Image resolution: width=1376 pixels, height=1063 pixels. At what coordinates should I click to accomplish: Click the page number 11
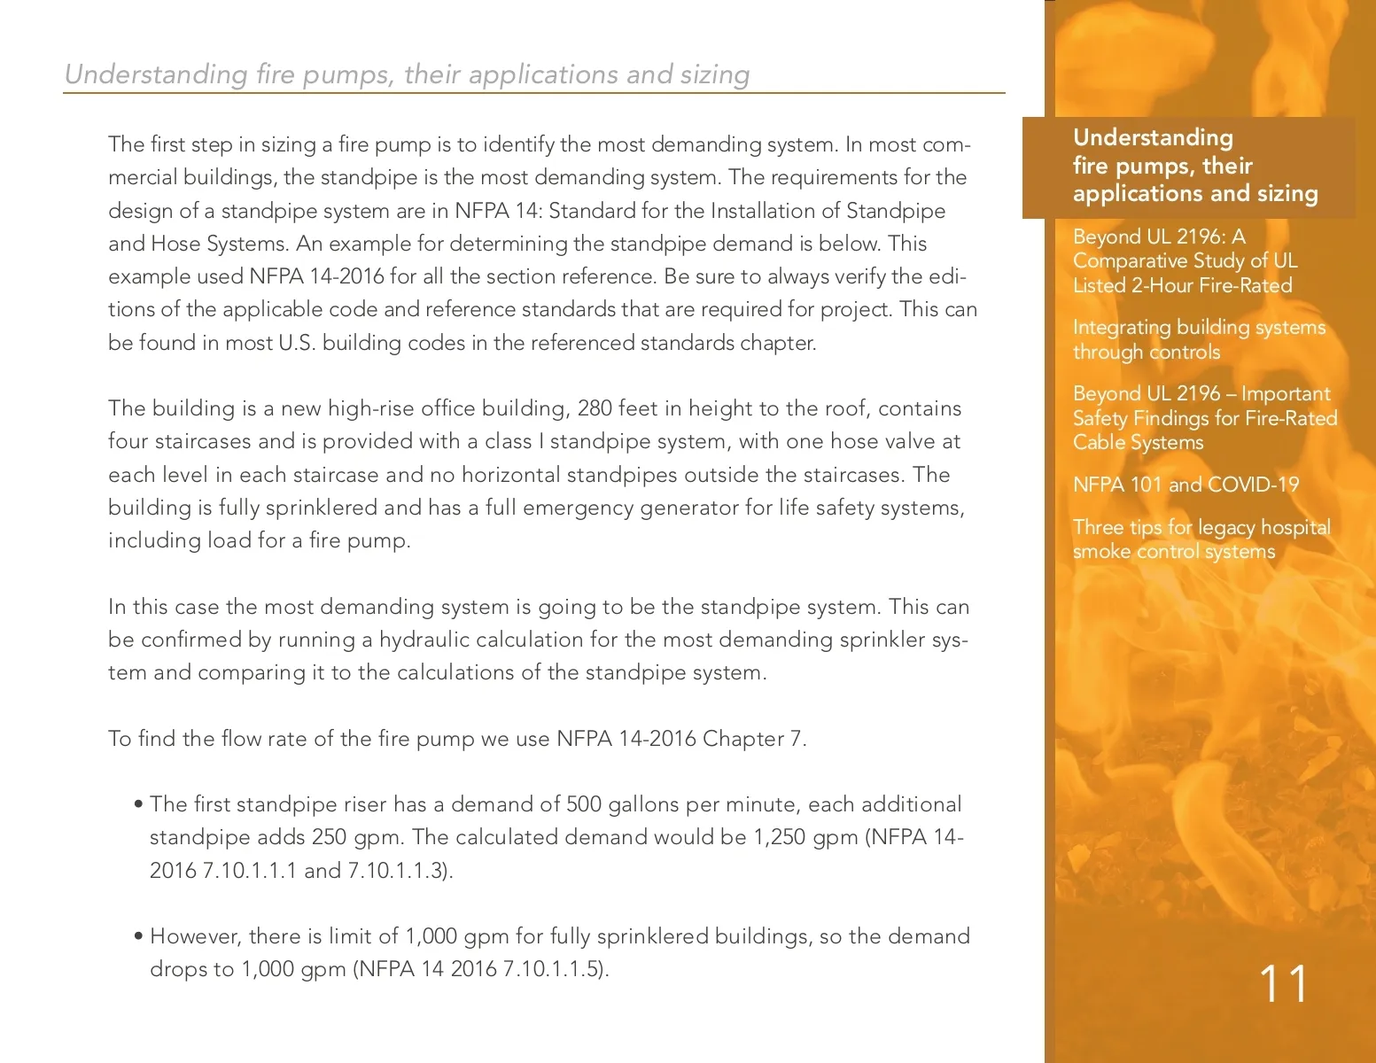pyautogui.click(x=1282, y=984)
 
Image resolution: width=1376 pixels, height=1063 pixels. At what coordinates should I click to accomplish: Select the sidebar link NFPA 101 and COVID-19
pyautogui.click(x=1186, y=485)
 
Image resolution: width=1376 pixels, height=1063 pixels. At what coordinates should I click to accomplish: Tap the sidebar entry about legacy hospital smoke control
pyautogui.click(x=1201, y=539)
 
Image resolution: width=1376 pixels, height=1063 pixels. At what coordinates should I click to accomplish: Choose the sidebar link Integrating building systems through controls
pyautogui.click(x=1199, y=339)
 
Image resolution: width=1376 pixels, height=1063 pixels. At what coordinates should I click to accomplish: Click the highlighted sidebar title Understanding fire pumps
pyautogui.click(x=1195, y=166)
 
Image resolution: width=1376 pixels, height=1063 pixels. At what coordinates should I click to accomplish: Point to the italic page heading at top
pyautogui.click(x=408, y=74)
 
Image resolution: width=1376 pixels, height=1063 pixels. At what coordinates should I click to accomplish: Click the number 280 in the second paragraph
pyautogui.click(x=595, y=408)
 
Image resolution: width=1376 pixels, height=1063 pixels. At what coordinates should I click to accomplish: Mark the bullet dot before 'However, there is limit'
pyautogui.click(x=138, y=936)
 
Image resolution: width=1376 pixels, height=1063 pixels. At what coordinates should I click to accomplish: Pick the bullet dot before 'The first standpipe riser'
pyautogui.click(x=138, y=804)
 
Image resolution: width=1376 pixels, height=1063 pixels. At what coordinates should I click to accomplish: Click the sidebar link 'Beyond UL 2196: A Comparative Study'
pyautogui.click(x=1185, y=261)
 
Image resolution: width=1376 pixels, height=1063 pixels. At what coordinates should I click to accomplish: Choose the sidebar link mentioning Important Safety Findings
pyautogui.click(x=1204, y=418)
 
